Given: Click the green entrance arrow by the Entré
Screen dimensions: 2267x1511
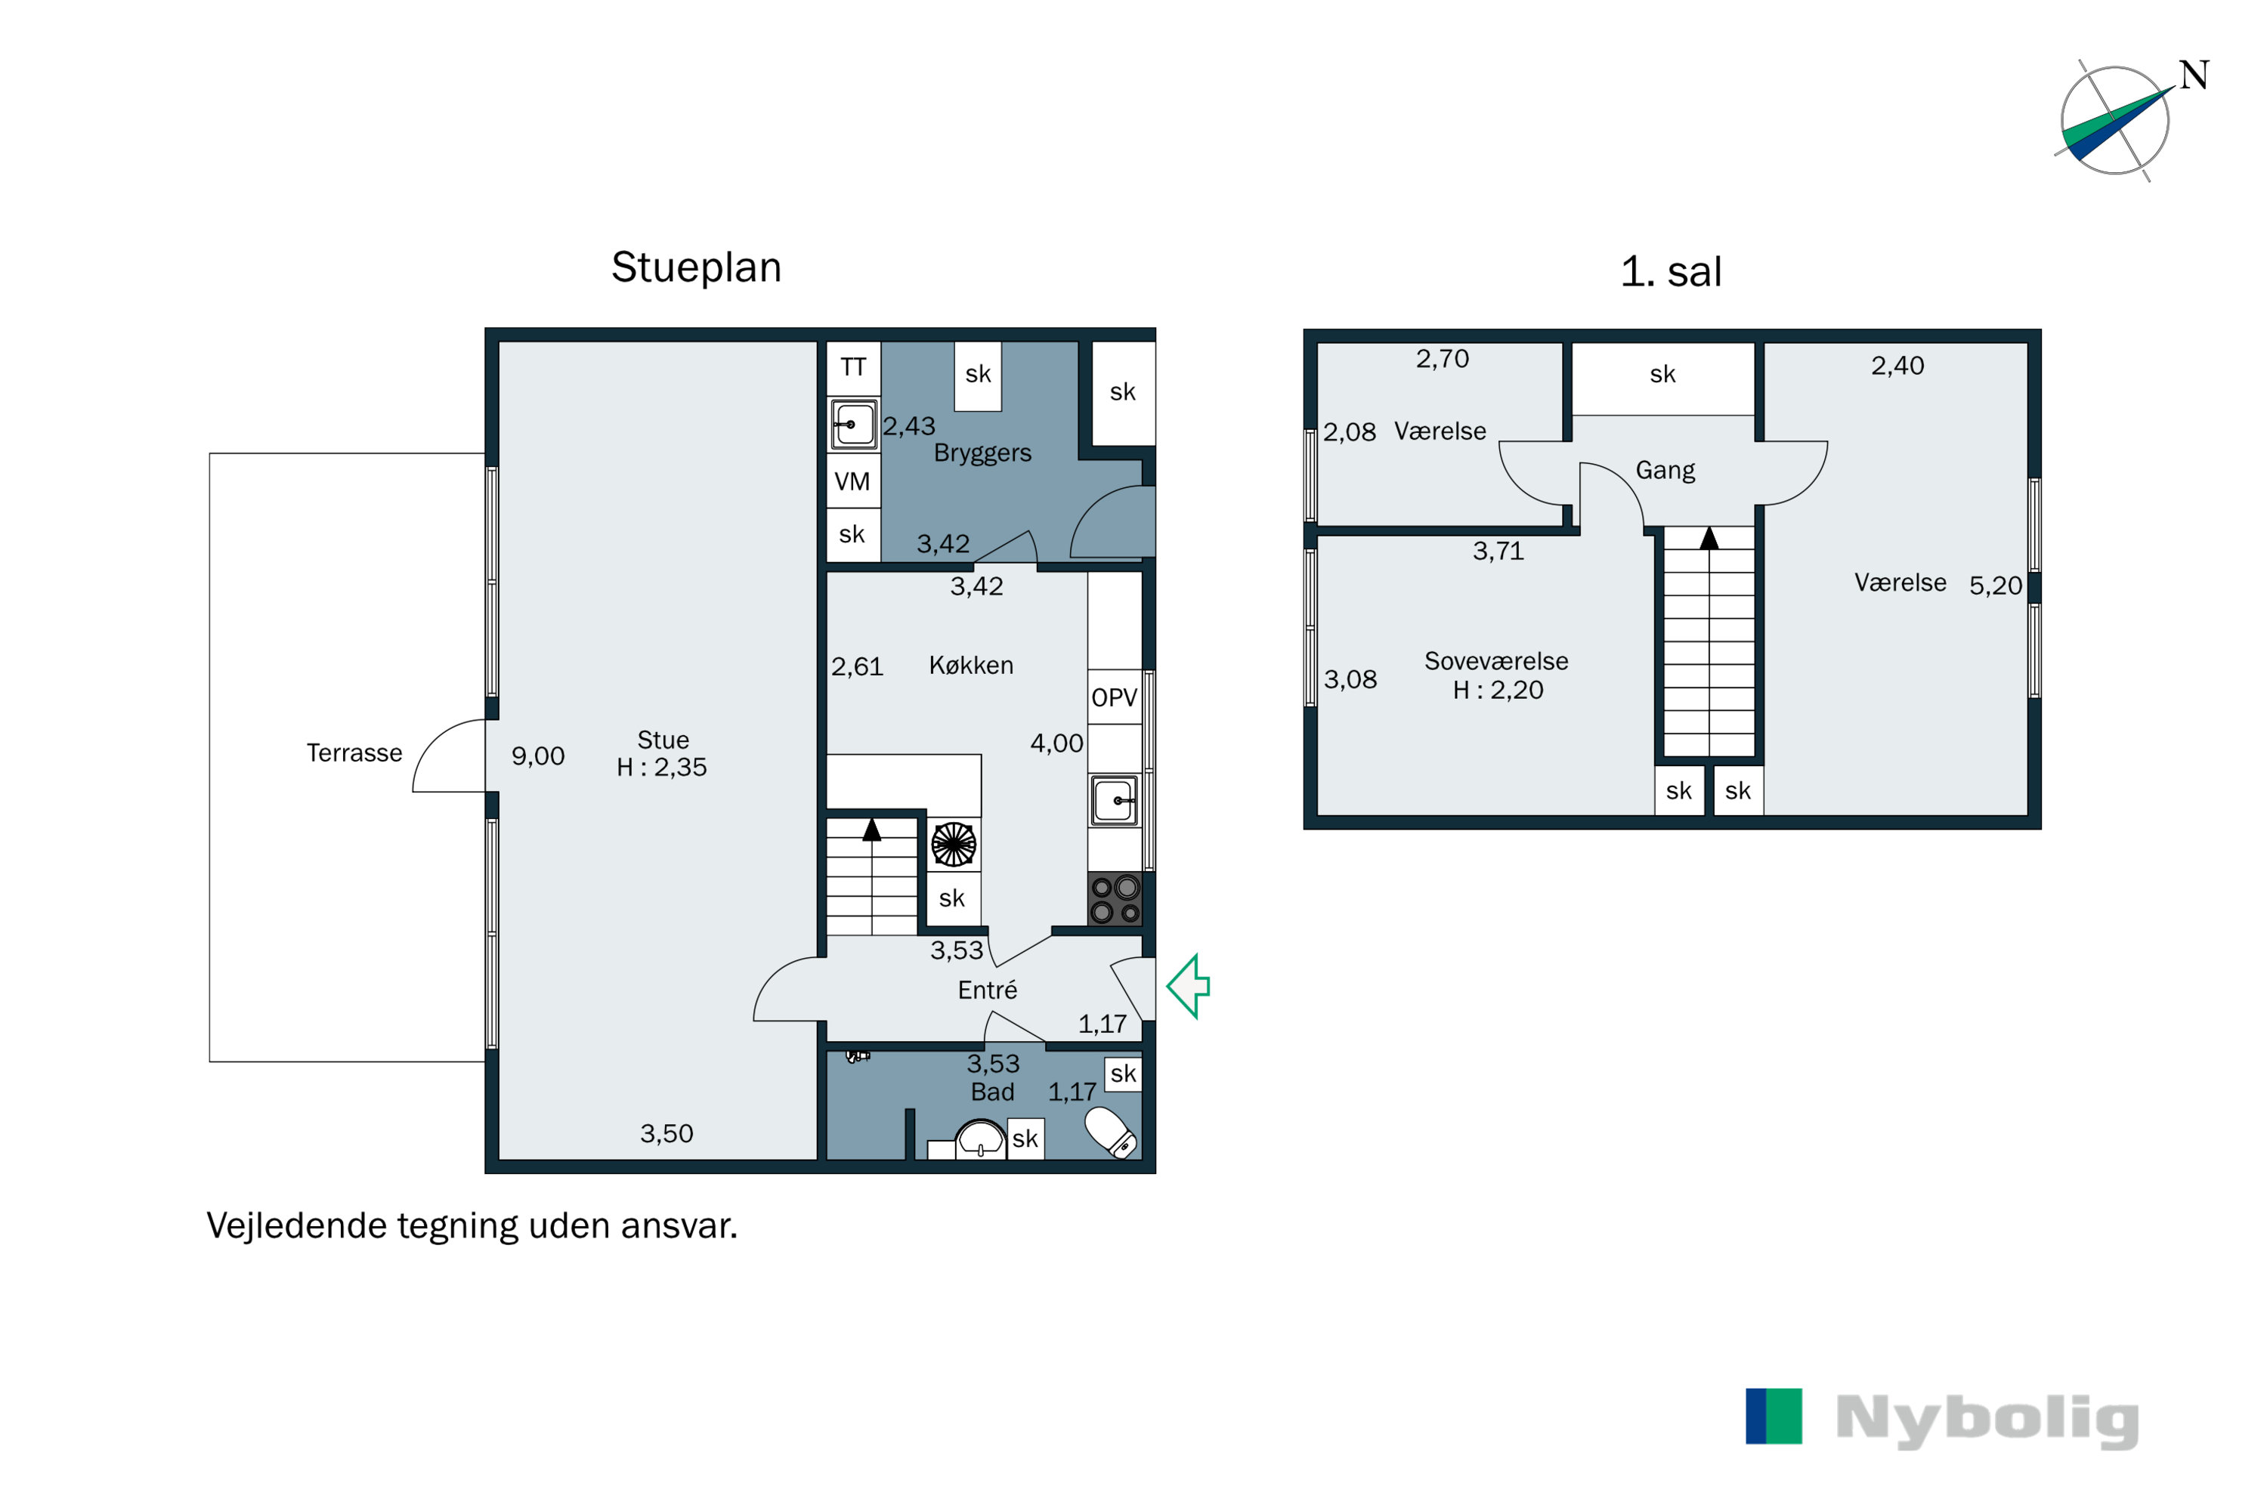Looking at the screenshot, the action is coord(1189,986).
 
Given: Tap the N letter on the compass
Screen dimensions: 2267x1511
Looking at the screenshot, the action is coord(2194,75).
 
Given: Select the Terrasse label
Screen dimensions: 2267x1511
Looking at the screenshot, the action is coord(354,752).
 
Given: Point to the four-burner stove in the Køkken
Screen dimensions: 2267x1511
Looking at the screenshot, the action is coord(1115,899).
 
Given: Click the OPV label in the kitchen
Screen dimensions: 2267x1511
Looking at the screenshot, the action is coord(1114,697).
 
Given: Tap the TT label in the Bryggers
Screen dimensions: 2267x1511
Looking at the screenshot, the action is coord(853,366).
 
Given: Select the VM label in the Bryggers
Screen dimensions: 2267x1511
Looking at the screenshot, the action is coord(852,480).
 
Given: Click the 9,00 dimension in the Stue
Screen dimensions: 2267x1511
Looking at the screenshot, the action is coord(538,755).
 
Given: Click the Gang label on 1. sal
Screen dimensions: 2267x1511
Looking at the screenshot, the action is coord(1665,470).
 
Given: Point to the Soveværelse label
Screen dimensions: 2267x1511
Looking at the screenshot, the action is coord(1496,661).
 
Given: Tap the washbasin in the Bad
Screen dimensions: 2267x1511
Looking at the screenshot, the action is coord(980,1138).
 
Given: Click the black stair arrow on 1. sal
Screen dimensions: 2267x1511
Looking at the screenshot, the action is coord(1709,538).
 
